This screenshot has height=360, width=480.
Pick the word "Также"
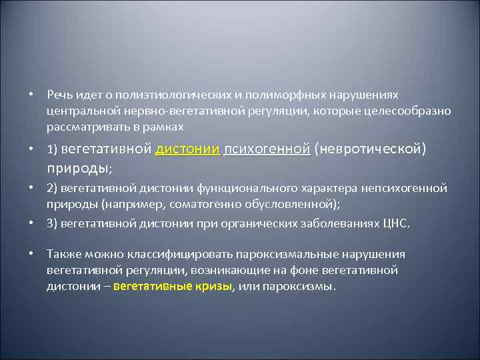coord(62,254)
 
